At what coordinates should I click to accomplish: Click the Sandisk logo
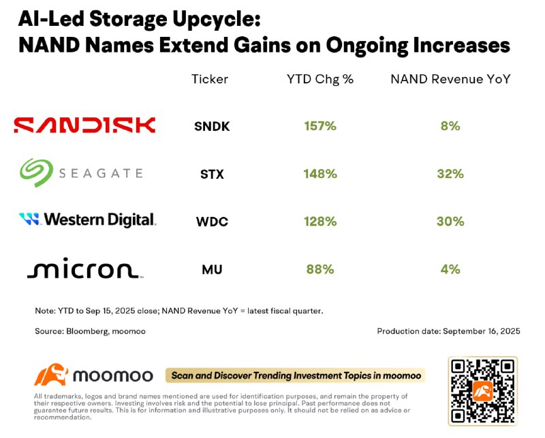coord(85,125)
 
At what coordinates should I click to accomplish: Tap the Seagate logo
coord(81,173)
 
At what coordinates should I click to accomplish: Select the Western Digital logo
coord(87,220)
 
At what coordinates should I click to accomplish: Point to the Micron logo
coord(84,269)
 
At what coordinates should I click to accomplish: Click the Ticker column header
coord(210,79)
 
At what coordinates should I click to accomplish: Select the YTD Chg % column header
coord(320,79)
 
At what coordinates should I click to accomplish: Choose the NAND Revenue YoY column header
coord(450,79)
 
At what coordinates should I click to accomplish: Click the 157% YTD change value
coord(320,126)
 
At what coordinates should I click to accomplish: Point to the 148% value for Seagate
coord(320,174)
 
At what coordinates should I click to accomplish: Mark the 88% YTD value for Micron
coord(320,269)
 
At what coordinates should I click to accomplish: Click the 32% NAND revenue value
coord(450,174)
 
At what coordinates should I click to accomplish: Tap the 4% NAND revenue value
coord(450,269)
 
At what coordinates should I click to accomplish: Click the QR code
coord(482,390)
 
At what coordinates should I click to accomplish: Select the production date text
coord(448,331)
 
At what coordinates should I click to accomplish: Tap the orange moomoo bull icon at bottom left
coord(51,375)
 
